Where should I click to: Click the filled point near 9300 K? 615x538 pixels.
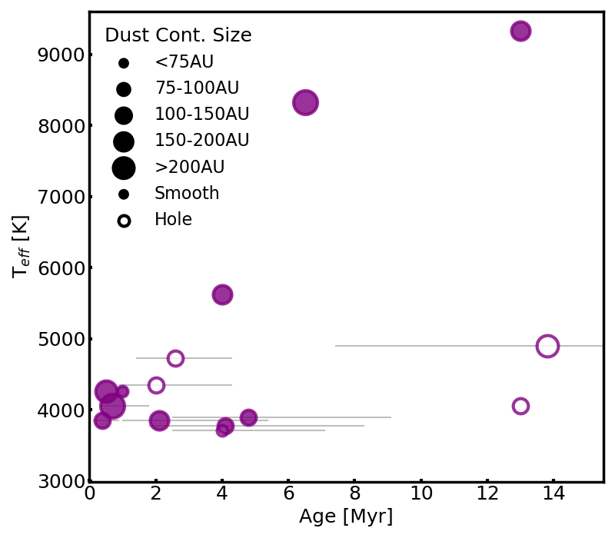[x=520, y=31]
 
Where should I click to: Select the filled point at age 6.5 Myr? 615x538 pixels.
[x=305, y=103]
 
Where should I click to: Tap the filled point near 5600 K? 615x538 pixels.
[x=222, y=294]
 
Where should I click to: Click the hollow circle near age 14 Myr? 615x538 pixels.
[x=547, y=347]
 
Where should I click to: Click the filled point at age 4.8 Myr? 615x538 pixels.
[x=248, y=417]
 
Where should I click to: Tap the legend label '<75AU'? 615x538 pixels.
[x=184, y=62]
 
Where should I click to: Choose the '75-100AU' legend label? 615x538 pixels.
[x=197, y=88]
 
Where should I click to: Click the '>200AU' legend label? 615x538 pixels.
[x=190, y=167]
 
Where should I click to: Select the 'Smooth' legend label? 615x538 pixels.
[x=187, y=193]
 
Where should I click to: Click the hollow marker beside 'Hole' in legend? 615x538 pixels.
[x=124, y=221]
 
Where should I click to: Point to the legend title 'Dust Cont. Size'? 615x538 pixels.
[x=178, y=35]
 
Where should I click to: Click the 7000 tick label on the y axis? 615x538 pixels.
[x=61, y=197]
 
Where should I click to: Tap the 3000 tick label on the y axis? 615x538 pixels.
[x=61, y=481]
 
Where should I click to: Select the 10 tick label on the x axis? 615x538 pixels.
[x=421, y=493]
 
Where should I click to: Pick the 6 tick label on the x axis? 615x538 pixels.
[x=289, y=493]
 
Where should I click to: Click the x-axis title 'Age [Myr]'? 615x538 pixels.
[x=345, y=516]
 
